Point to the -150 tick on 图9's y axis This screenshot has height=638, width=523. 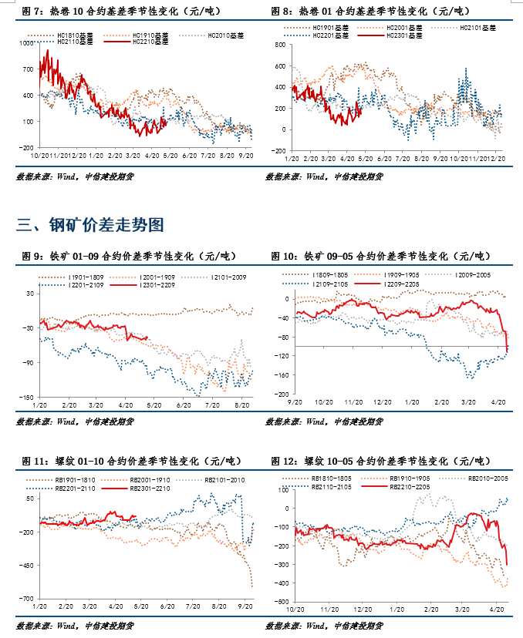24,397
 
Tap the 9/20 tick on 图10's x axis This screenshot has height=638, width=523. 295,402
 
